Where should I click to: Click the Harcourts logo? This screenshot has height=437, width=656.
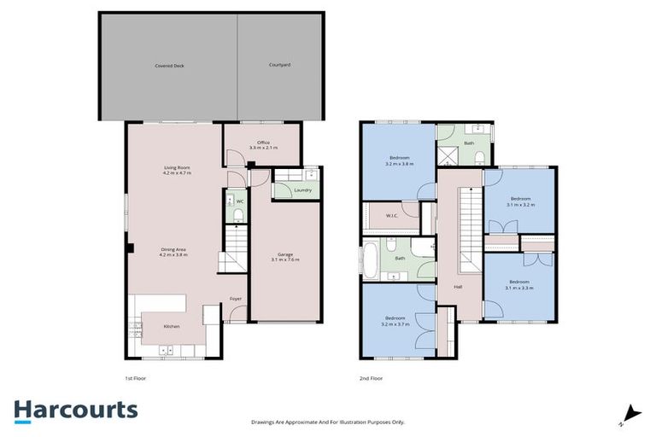75,410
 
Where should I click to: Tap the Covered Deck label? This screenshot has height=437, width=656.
169,65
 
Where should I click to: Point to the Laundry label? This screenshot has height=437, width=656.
302,190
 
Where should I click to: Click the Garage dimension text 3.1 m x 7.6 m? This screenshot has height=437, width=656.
285,259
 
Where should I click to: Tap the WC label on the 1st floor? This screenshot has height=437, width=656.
240,201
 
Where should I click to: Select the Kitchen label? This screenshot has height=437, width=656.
171,327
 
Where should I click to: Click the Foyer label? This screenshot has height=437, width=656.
236,298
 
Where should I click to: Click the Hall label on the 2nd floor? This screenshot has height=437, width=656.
458,286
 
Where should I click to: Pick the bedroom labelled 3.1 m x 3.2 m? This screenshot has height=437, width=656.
519,201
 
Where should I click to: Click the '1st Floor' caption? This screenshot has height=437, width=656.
136,376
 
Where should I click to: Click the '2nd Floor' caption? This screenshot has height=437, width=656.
370,376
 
